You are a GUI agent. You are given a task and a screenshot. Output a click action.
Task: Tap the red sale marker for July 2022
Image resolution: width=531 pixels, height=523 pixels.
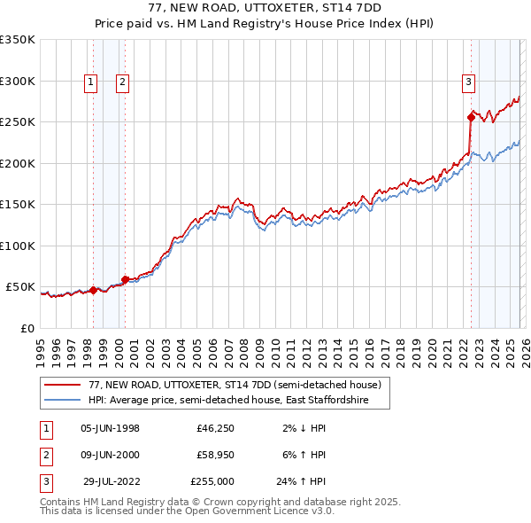pos(471,116)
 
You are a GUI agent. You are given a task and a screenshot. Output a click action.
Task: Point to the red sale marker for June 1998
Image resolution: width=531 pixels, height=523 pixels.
pos(93,290)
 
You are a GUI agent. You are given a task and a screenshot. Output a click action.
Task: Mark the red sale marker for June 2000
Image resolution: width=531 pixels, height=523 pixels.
pos(125,279)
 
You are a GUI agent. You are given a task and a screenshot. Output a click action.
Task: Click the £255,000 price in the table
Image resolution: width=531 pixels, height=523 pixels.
pos(212,481)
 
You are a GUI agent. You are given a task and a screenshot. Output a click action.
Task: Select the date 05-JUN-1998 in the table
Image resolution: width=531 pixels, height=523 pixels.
pos(110,428)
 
